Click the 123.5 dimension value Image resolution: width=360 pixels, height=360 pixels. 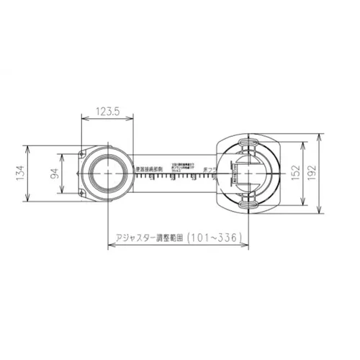coord(107,112)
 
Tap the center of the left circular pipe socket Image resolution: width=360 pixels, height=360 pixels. coord(107,174)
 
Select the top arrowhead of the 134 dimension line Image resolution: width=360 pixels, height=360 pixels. coord(28,148)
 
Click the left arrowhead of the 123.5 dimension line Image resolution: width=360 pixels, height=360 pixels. coord(79,120)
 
